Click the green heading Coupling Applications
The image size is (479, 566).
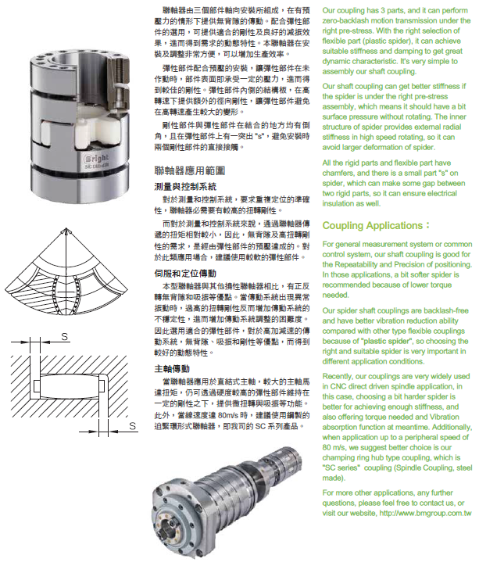tap(376, 227)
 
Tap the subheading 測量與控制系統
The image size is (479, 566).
tap(185, 187)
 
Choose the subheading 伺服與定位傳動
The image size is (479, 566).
tap(185, 274)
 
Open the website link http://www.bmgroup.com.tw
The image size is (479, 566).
tap(426, 512)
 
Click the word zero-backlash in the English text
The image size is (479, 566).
tap(349, 16)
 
